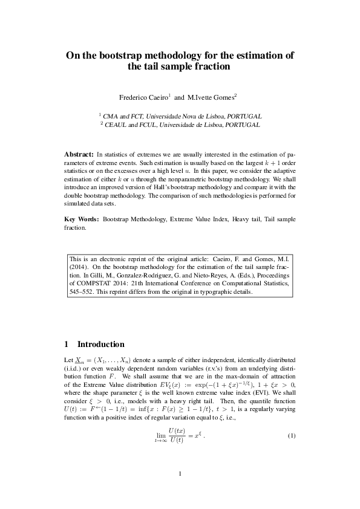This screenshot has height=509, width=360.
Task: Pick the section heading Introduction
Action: [100, 345]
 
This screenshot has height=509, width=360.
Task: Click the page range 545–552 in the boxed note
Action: [82, 291]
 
